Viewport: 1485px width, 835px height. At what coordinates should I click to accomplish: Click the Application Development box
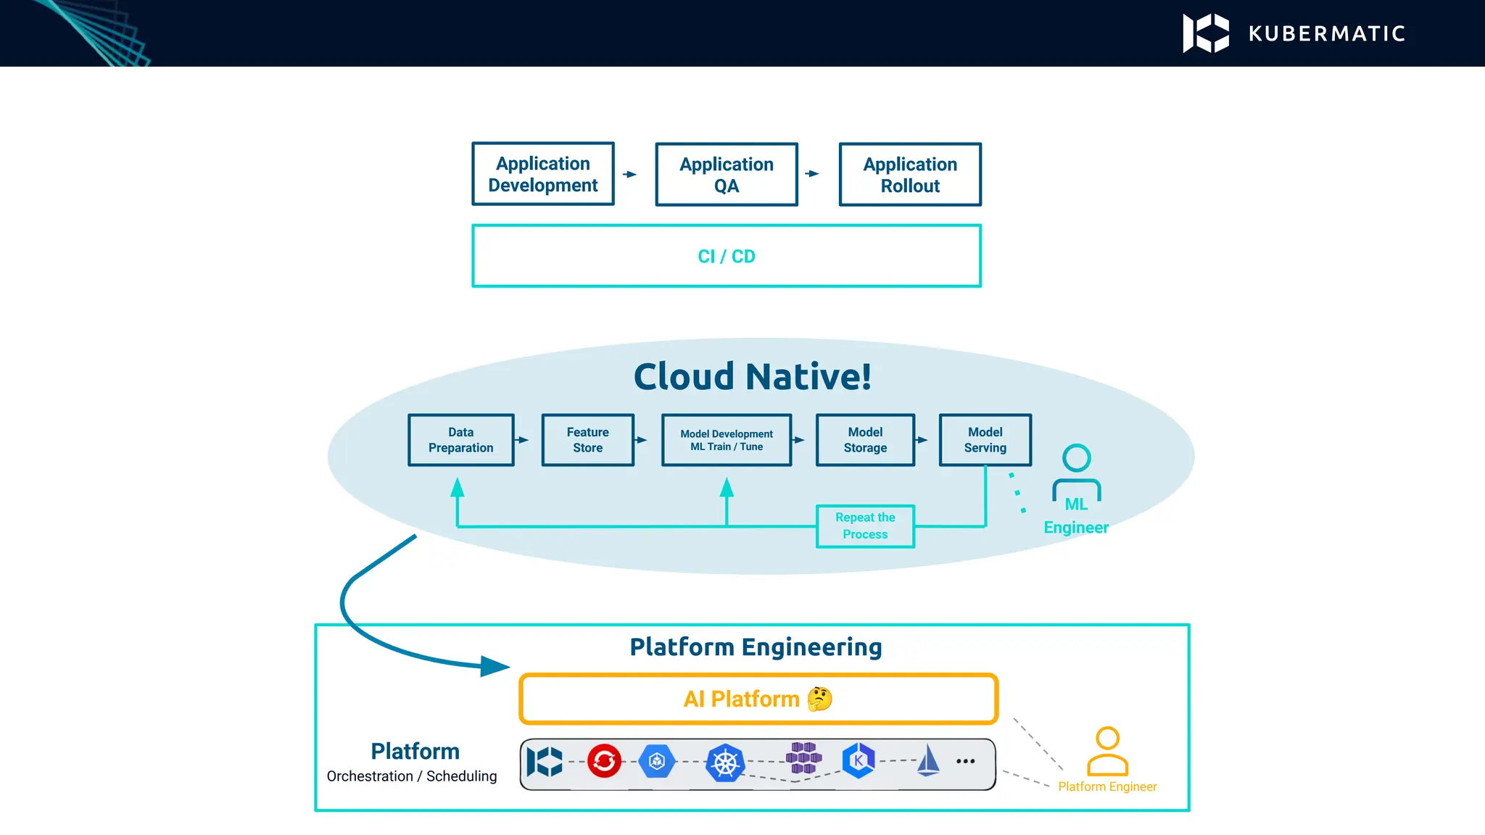(542, 174)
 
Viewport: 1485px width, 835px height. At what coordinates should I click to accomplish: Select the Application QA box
(726, 175)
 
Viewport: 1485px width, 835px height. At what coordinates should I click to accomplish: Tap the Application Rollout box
(909, 175)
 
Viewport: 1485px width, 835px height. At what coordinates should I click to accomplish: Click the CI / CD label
(726, 257)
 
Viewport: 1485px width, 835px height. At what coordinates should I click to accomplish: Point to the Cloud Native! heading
(752, 376)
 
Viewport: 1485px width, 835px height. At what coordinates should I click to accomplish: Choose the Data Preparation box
(460, 440)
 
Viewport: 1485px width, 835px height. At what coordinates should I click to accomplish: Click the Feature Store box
(587, 440)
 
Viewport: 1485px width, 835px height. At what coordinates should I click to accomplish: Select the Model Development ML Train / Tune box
(726, 440)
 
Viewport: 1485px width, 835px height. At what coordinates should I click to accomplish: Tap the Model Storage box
(865, 440)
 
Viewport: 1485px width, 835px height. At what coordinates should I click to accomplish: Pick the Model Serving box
(985, 440)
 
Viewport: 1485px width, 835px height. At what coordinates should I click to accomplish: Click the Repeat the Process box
(865, 526)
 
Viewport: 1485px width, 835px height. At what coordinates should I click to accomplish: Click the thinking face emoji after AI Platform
(819, 699)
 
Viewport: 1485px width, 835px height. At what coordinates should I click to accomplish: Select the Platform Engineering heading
(756, 647)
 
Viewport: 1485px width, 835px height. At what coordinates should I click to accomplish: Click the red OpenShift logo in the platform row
(604, 761)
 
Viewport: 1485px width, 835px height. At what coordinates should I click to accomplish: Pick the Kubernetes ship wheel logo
(725, 763)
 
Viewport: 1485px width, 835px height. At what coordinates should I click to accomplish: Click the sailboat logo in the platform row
(928, 761)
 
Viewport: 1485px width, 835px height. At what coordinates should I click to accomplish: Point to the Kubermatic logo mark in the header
(1206, 33)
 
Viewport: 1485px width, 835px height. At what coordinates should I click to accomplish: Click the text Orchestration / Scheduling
(411, 776)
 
